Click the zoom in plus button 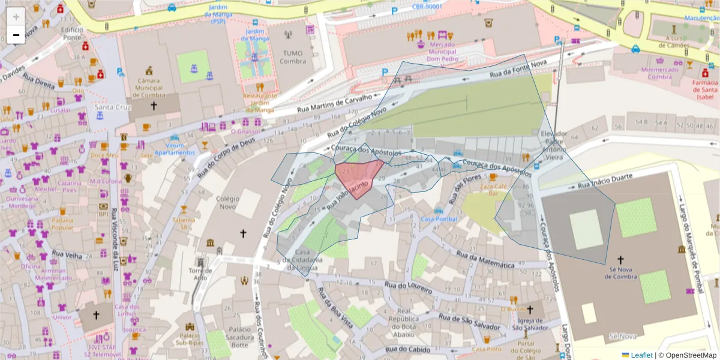pos(16,17)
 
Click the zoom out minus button pos(16,35)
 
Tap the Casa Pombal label pos(439,219)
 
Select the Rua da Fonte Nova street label pos(517,71)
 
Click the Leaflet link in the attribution pos(641,355)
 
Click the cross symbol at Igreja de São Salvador pos(529,310)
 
